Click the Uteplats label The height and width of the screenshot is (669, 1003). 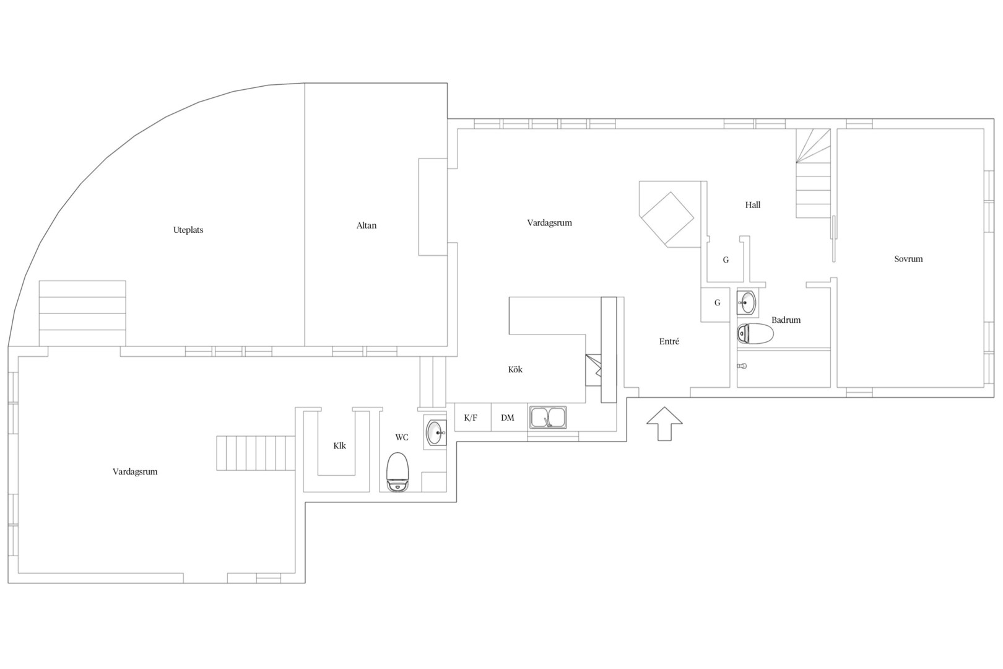(188, 230)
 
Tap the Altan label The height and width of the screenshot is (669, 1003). (367, 226)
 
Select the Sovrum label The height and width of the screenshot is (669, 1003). (908, 259)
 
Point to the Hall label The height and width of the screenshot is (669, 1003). (753, 205)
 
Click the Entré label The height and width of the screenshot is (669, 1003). (669, 341)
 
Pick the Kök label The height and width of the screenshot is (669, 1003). (515, 370)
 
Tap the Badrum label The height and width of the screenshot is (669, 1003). (786, 320)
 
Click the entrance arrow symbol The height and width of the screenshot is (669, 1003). (664, 424)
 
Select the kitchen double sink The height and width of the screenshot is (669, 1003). (548, 417)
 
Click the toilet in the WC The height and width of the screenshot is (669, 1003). (397, 472)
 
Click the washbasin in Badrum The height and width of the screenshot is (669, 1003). (747, 302)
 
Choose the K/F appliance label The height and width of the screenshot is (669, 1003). (471, 418)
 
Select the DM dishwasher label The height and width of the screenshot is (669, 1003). (507, 418)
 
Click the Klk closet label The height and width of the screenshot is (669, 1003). (339, 446)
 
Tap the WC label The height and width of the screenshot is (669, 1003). (402, 437)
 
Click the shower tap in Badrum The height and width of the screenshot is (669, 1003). (742, 366)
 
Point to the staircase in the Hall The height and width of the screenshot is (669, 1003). (813, 173)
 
